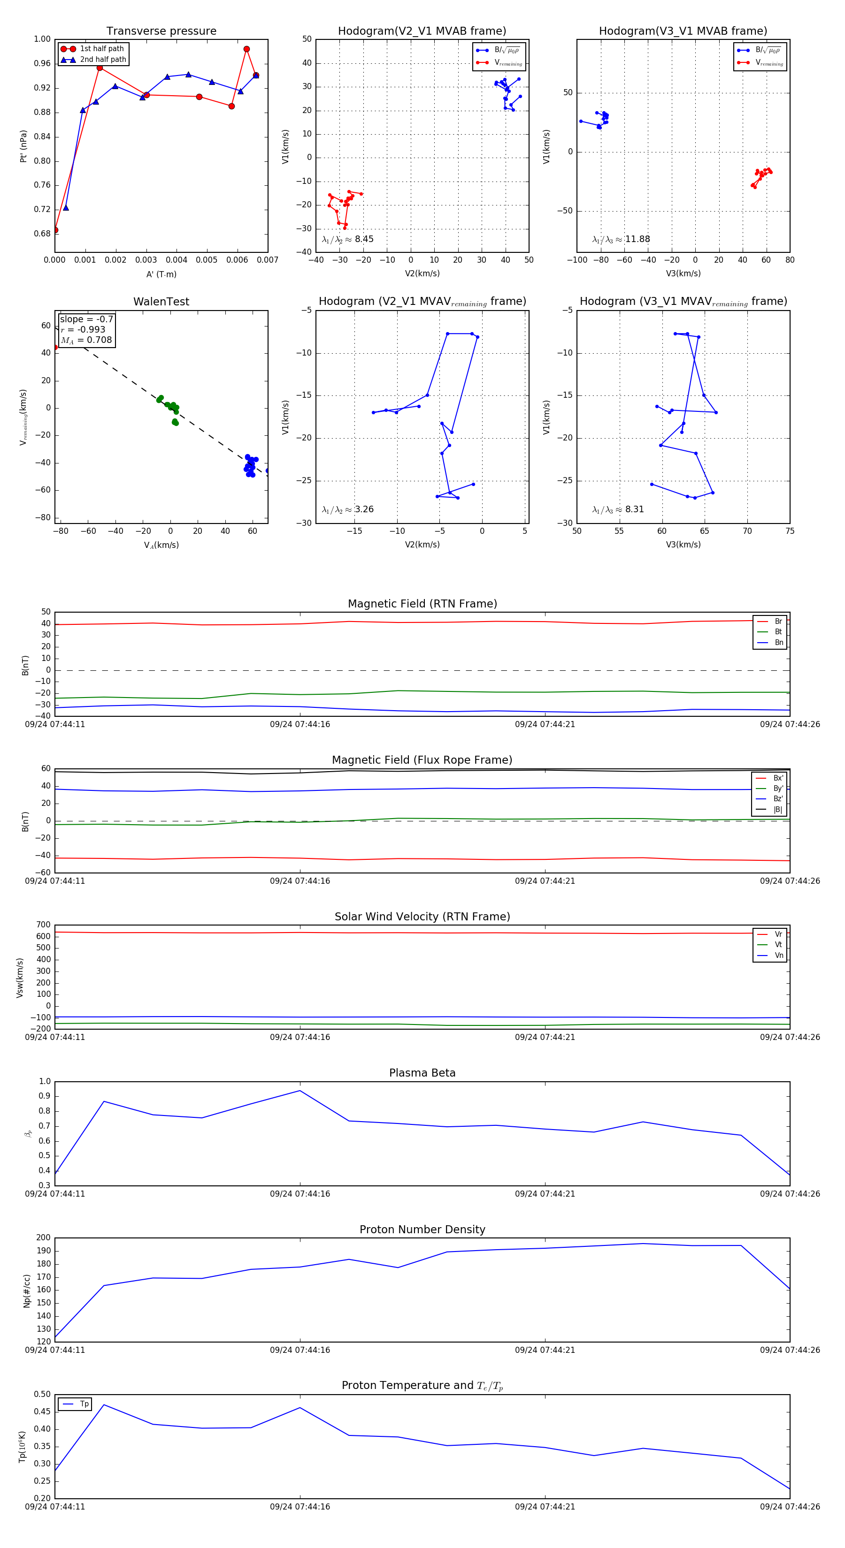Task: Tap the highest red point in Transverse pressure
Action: point(246,49)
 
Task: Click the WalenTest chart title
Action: point(161,302)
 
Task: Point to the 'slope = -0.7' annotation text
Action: point(86,319)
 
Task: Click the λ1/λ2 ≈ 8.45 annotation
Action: point(347,239)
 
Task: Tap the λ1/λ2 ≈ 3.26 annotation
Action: point(347,509)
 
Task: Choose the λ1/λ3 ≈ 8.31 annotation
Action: point(618,509)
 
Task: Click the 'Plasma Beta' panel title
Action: point(422,1073)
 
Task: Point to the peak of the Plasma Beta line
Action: point(300,1091)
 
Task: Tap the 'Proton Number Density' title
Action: point(422,1229)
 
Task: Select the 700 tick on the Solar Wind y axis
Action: point(43,925)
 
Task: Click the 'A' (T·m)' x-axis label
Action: point(161,274)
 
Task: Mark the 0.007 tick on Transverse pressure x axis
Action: point(268,260)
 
